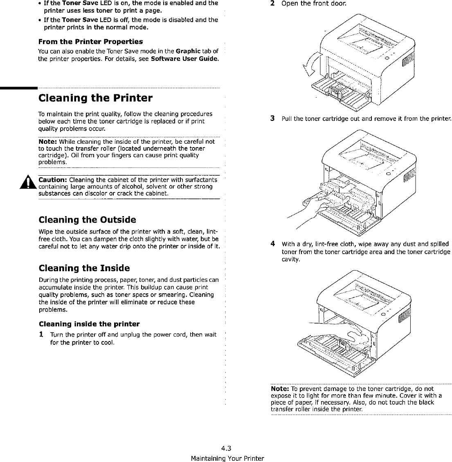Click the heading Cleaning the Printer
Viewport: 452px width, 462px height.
click(95, 98)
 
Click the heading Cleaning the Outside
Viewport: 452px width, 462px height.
click(87, 220)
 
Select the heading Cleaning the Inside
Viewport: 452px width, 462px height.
click(84, 268)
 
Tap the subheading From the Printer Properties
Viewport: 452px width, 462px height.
click(90, 42)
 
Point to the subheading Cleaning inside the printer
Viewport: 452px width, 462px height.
click(89, 324)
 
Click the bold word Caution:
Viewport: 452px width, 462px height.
click(53, 180)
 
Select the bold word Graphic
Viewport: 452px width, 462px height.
click(188, 51)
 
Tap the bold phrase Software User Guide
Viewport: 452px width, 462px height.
click(184, 59)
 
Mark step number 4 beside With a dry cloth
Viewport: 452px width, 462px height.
click(272, 244)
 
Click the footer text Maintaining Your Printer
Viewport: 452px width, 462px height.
click(227, 458)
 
